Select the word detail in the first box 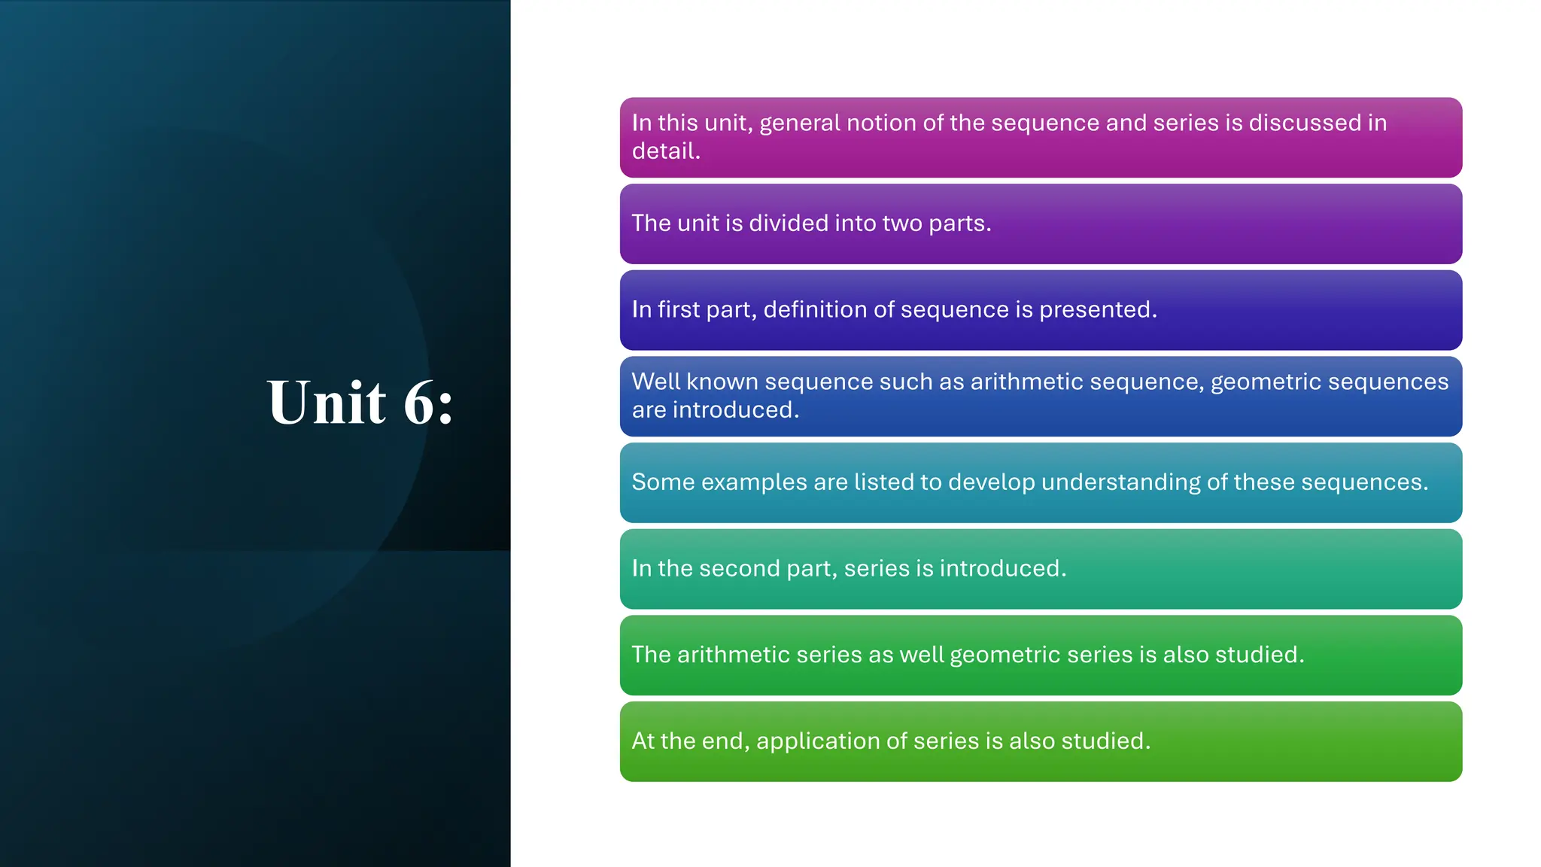pos(663,151)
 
